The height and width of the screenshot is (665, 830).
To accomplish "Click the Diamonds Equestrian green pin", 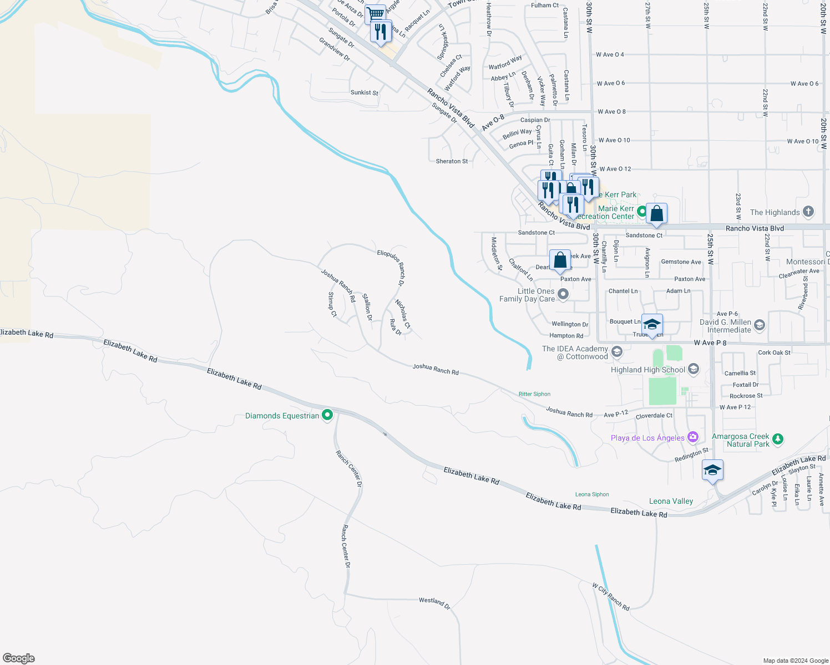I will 327,415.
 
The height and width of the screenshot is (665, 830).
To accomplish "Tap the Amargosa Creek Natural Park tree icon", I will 778,439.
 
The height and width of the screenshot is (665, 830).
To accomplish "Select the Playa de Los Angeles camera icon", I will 692,437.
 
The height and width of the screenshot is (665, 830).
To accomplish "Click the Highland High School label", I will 647,370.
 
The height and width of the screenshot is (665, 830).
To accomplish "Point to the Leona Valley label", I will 671,501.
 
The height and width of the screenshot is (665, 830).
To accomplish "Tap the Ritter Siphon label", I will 534,394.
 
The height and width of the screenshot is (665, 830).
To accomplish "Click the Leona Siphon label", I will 592,494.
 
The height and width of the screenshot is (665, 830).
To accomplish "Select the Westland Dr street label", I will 434,602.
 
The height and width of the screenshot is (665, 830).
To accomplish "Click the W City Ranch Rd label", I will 610,596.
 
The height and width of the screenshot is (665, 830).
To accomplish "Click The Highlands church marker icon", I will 808,211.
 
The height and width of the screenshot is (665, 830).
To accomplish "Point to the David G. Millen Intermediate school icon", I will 760,325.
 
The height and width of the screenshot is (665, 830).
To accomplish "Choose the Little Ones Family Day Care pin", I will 563,294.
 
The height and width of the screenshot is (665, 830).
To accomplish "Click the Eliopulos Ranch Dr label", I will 391,268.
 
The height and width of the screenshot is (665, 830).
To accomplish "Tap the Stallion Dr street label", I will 367,307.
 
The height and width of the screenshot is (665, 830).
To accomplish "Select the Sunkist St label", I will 365,93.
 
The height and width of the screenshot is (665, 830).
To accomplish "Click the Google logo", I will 19,658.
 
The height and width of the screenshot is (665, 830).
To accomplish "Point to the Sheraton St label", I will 452,161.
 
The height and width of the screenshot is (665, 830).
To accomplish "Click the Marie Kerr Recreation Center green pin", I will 641,211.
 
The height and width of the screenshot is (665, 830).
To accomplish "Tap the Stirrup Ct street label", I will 332,304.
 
